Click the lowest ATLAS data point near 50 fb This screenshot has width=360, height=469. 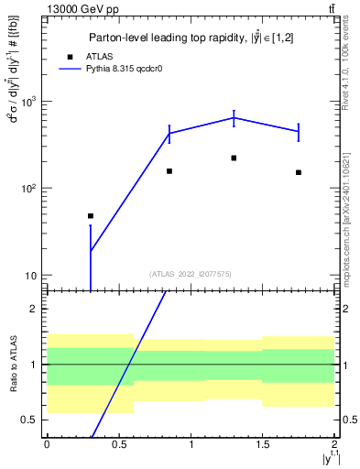(91, 216)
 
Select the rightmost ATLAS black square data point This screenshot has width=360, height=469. (299, 172)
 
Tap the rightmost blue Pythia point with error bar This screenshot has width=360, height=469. (299, 132)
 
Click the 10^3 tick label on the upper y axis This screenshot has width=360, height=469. (30, 102)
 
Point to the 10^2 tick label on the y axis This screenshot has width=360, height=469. (30, 189)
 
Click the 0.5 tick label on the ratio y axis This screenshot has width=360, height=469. (32, 420)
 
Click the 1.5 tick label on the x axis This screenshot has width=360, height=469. (263, 444)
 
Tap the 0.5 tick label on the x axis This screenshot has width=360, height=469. (119, 444)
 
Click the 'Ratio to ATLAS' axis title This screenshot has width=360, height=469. (12, 364)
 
